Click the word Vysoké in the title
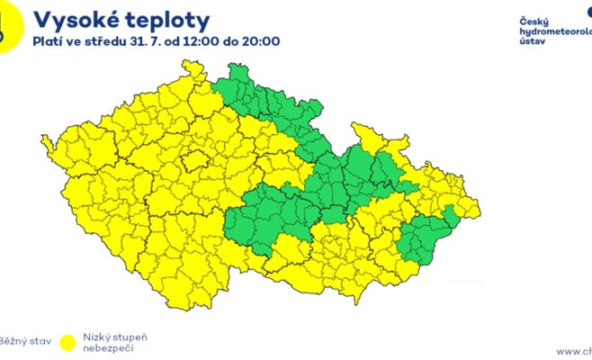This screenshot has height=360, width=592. [x=74, y=20]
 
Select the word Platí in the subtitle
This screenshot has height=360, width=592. [x=49, y=41]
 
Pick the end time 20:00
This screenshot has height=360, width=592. [x=260, y=41]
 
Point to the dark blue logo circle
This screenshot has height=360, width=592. [x=588, y=12]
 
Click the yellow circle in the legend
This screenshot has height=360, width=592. [x=67, y=342]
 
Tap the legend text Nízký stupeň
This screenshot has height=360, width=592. [x=114, y=337]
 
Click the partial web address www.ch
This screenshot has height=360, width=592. [x=574, y=351]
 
